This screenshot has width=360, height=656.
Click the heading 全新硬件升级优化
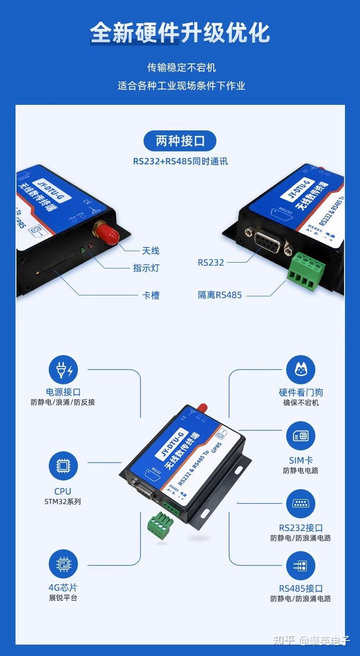point(180,33)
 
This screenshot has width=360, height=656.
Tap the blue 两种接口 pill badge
point(180,141)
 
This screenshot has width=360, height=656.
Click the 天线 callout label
point(150,251)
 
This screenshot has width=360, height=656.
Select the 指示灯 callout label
point(146,268)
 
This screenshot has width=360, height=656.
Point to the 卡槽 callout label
point(150,295)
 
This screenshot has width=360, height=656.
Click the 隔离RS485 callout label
point(220,295)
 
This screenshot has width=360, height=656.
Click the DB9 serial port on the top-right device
point(269,241)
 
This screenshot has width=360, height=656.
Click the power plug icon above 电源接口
point(63,370)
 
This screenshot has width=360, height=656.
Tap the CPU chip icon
point(63,466)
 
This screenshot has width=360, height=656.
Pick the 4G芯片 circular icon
point(63,564)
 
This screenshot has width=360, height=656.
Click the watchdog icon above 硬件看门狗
point(300,370)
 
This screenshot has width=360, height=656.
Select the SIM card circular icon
point(300,436)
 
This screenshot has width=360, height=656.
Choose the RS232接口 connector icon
point(300,504)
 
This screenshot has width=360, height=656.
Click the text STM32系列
point(63,501)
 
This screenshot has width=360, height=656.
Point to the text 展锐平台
point(63,598)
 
